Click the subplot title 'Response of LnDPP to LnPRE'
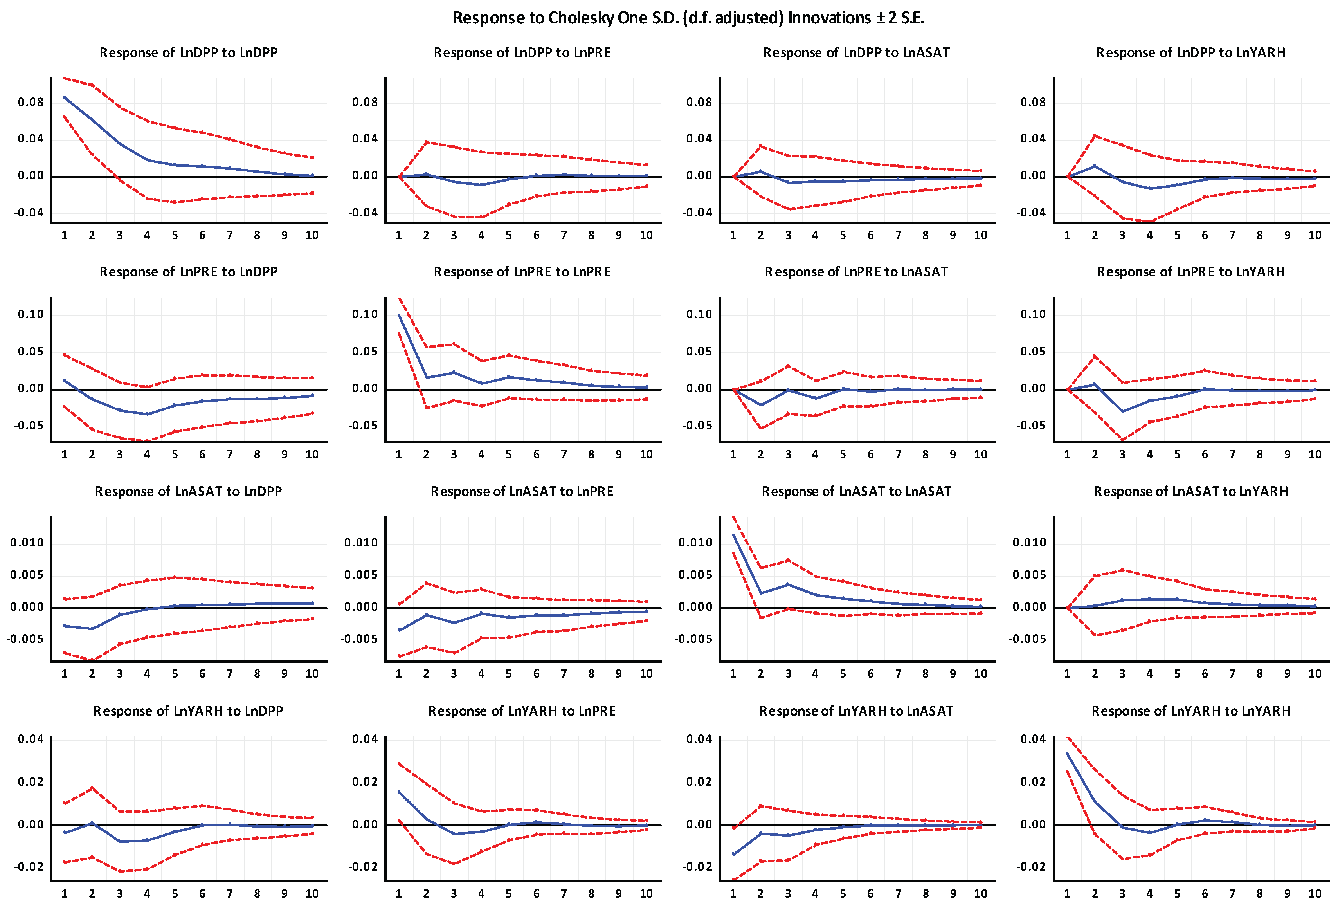[x=522, y=52]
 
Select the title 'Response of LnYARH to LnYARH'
[x=1190, y=711]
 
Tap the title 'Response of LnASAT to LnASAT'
[x=856, y=491]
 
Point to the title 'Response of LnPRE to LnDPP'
[x=188, y=272]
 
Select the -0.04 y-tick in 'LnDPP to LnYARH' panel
[x=1030, y=213]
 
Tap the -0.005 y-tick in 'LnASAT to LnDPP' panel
[x=25, y=639]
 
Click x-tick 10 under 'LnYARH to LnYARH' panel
[x=1315, y=893]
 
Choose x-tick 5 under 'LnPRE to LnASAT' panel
[x=843, y=454]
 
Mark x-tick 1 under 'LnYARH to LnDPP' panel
[x=65, y=893]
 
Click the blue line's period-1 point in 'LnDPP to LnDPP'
[x=65, y=97]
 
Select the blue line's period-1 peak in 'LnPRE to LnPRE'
[x=399, y=316]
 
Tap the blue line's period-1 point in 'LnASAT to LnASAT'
[x=733, y=535]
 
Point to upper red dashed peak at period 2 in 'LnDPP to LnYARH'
[x=1095, y=136]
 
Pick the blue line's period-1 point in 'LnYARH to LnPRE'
[x=399, y=792]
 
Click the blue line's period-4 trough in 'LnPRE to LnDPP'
[x=148, y=414]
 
